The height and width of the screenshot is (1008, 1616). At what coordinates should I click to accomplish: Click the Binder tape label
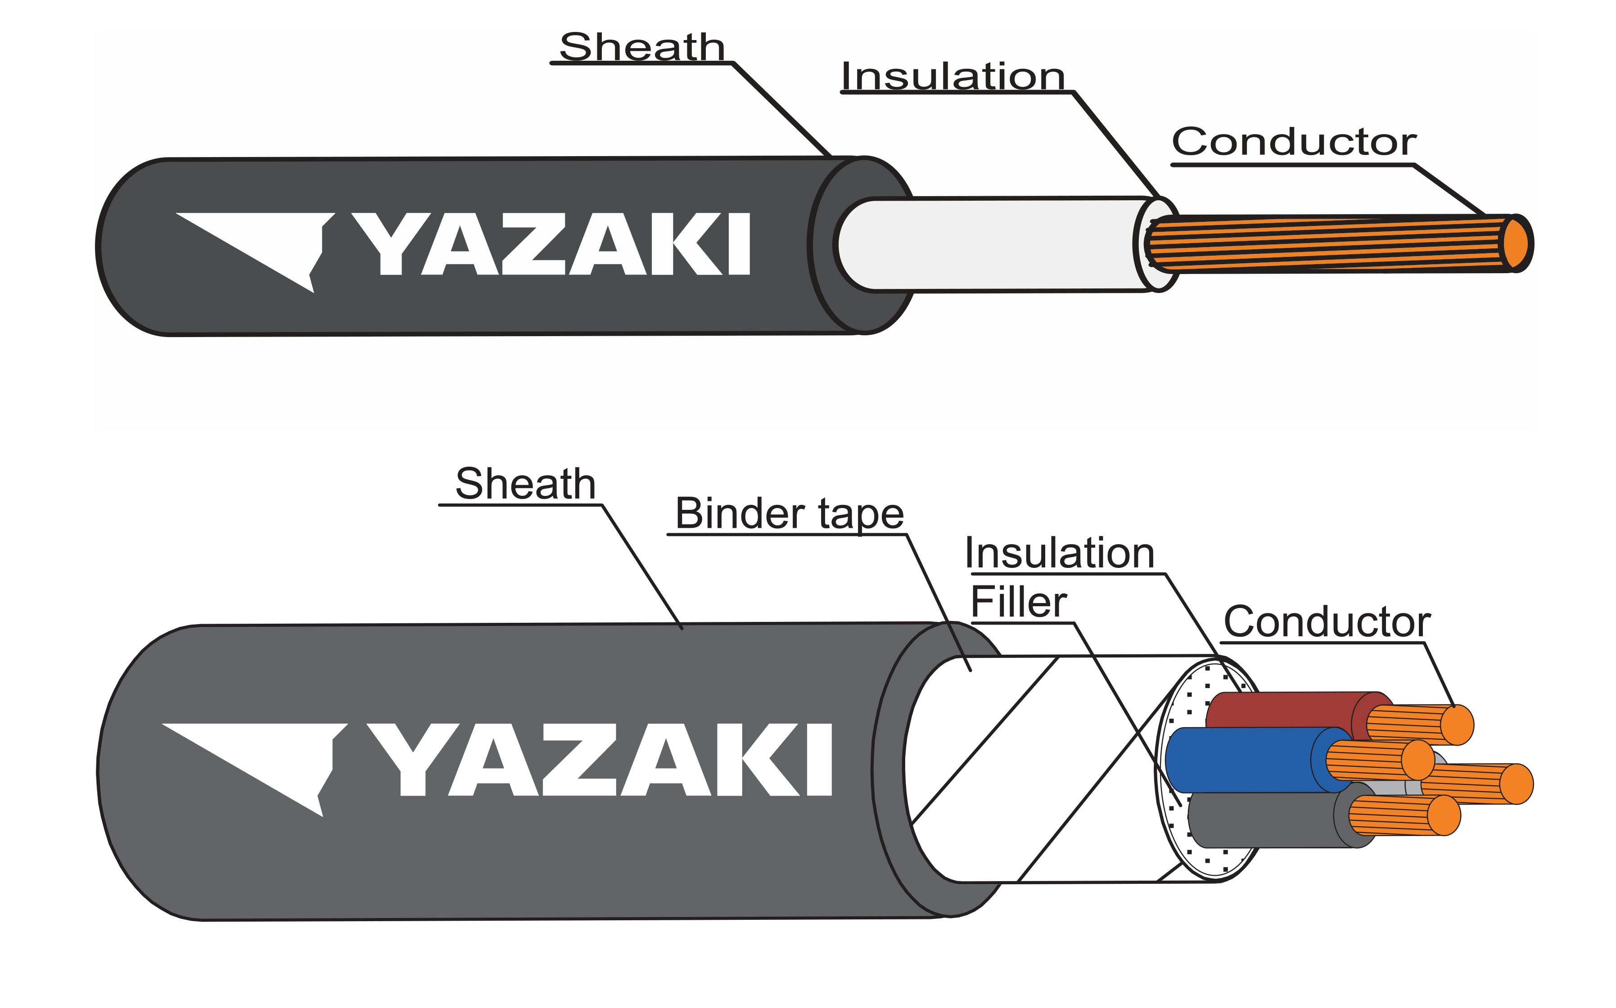coord(790,513)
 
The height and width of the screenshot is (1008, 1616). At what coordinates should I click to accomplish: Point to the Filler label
coord(1018,602)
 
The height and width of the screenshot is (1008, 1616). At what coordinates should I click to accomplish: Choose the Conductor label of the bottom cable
coord(1327,621)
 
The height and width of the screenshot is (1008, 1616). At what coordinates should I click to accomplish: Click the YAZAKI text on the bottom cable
coord(600,760)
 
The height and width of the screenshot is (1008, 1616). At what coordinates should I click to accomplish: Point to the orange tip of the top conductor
coord(1516,243)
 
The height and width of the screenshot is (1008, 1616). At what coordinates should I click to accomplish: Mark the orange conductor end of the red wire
coord(1457,724)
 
